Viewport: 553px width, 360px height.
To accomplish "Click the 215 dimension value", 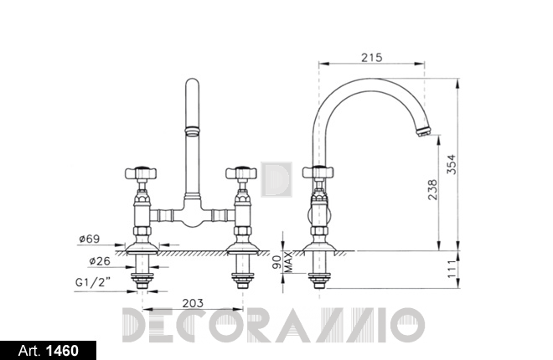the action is (371, 57).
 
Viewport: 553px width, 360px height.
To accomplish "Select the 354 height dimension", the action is (451, 164).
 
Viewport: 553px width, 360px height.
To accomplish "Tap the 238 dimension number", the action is (432, 190).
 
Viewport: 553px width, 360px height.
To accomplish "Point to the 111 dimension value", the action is (452, 270).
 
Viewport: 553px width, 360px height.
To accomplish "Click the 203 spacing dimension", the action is (193, 303).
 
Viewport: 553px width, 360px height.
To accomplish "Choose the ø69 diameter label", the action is (90, 239).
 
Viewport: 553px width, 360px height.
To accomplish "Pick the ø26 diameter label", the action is (100, 261).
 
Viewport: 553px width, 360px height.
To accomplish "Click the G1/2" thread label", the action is (93, 282).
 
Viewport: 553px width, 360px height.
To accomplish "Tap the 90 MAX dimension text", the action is (283, 262).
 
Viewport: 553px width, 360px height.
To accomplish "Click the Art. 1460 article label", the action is (49, 351).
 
